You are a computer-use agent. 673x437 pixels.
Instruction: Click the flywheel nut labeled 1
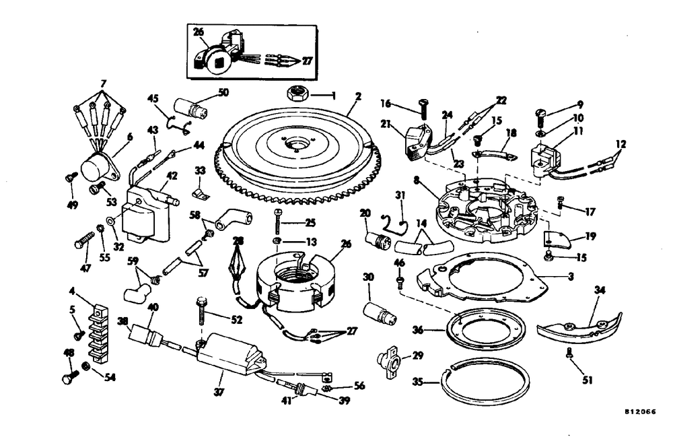295,94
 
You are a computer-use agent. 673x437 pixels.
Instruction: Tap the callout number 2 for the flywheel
358,96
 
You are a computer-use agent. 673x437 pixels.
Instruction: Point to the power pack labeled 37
229,357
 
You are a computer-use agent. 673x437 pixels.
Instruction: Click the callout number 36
418,330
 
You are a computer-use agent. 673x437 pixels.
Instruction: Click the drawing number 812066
641,411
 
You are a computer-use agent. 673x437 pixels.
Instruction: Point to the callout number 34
600,290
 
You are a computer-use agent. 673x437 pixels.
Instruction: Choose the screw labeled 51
569,354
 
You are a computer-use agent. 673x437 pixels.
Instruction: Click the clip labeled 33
199,194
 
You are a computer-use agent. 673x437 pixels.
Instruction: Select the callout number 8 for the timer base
416,180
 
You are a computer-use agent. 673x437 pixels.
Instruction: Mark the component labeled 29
388,363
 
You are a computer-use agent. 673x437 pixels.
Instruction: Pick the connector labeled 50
192,108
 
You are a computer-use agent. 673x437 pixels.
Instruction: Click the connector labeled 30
380,314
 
